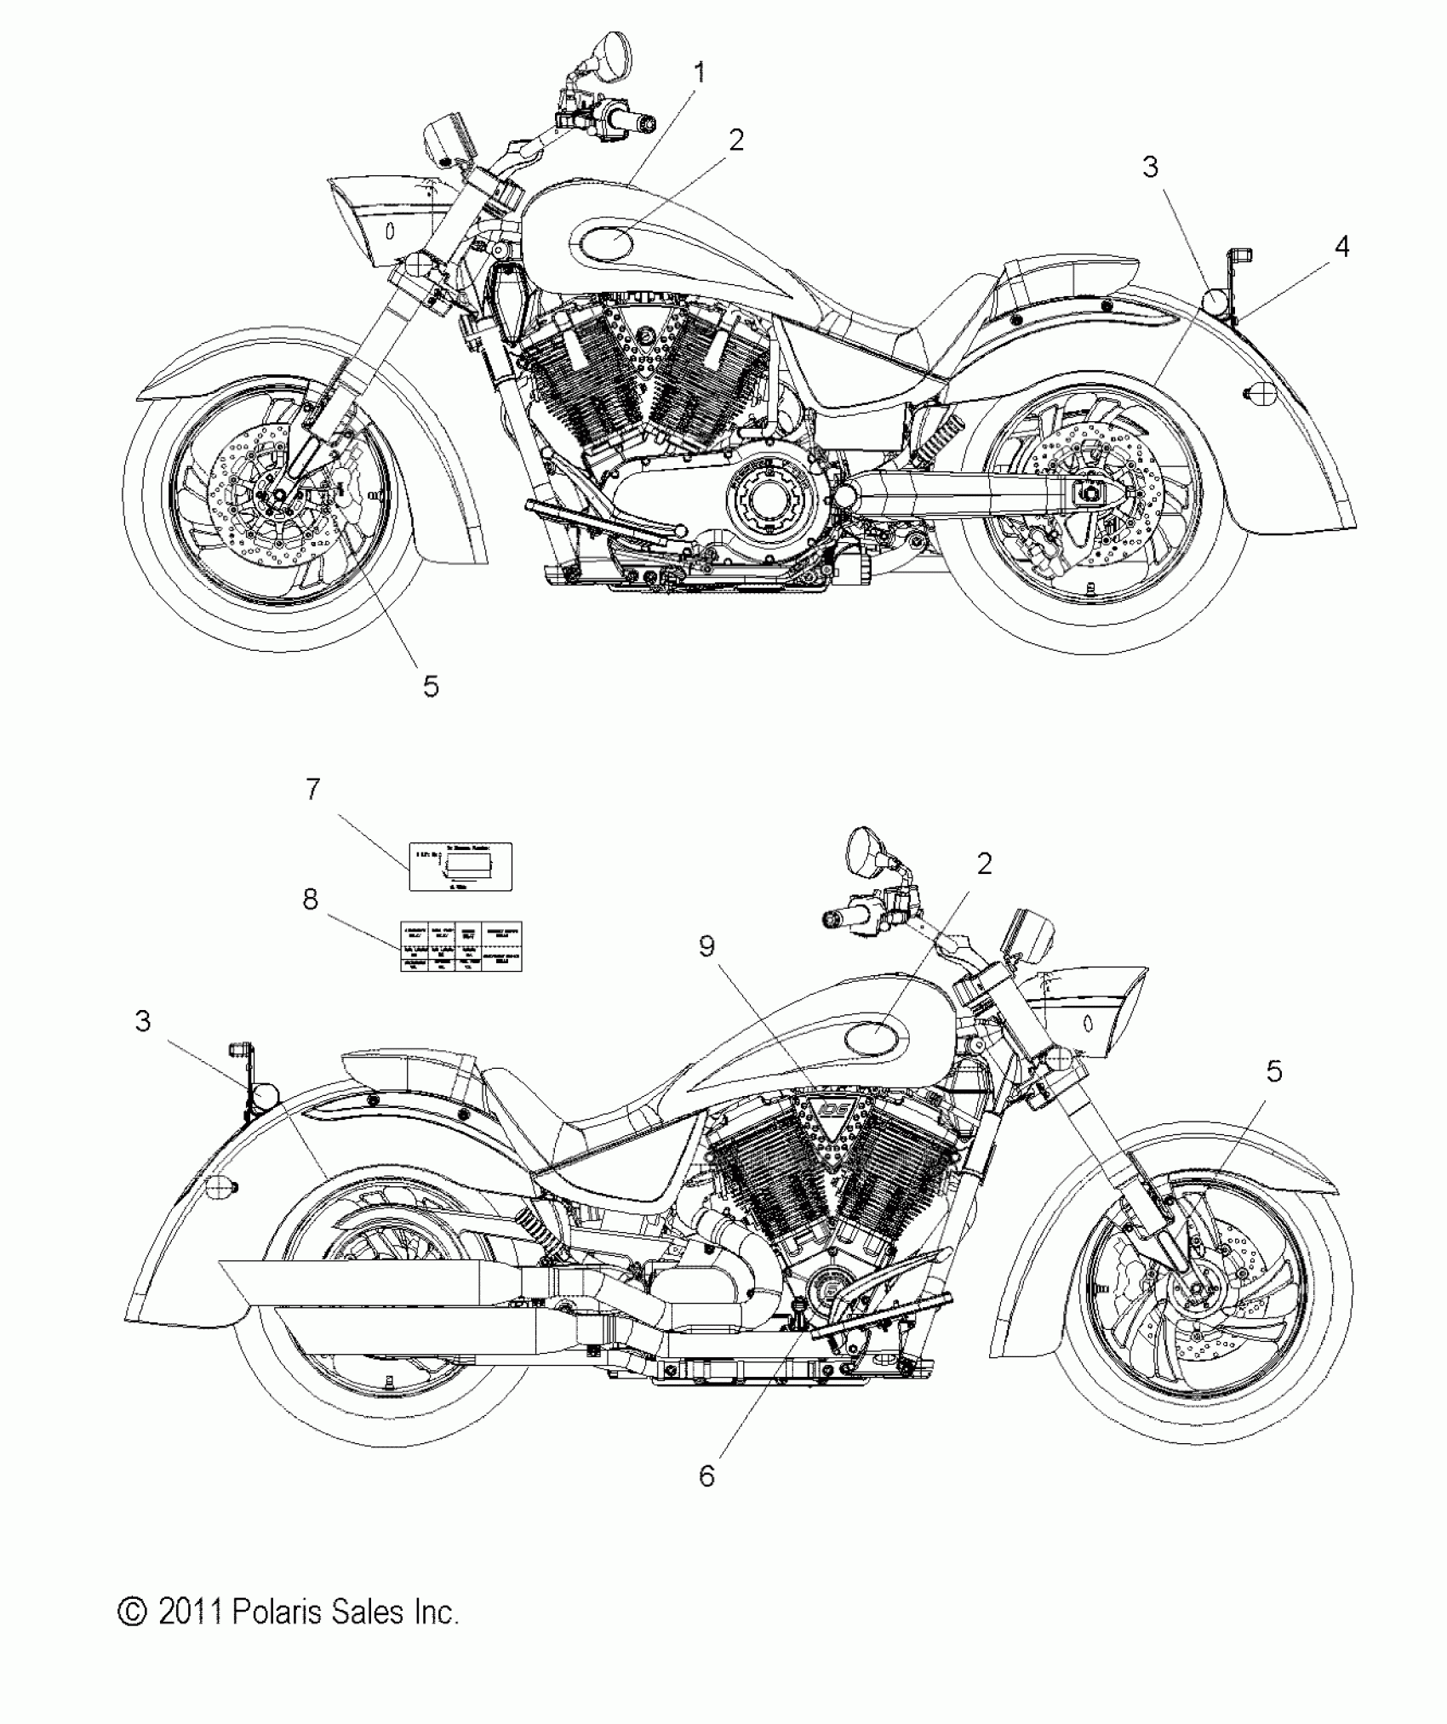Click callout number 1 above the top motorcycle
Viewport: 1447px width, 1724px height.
click(x=700, y=73)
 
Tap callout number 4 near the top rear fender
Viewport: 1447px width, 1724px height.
click(x=1341, y=247)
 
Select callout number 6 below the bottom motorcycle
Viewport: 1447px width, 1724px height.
click(x=706, y=1476)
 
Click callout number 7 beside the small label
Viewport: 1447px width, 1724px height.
click(x=313, y=790)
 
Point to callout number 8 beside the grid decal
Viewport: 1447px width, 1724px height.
click(x=311, y=899)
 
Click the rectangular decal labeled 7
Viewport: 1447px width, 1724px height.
click(x=460, y=866)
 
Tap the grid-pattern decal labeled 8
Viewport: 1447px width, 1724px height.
click(x=460, y=946)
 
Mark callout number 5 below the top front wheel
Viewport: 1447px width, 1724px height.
click(x=431, y=685)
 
